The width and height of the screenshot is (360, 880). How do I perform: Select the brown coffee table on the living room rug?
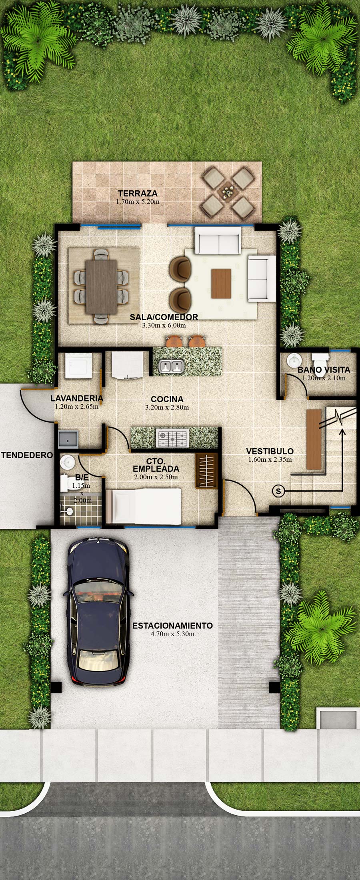[221, 283]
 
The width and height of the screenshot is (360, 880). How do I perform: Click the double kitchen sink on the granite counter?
[171, 366]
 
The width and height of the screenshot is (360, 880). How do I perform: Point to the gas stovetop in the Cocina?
[172, 438]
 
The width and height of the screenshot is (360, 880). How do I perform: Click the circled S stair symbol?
[278, 491]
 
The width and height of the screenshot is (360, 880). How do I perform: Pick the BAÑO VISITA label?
[324, 369]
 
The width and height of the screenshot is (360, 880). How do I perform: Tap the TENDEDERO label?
[27, 455]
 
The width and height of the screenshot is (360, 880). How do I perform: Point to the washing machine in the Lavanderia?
[79, 365]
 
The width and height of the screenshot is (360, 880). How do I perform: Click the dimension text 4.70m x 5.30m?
[172, 634]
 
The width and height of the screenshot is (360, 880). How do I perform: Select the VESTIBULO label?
[270, 451]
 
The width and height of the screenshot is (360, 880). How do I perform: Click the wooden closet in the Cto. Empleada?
[207, 471]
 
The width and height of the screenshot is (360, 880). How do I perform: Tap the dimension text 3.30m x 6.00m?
[164, 325]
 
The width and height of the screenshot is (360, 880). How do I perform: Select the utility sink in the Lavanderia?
[68, 439]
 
